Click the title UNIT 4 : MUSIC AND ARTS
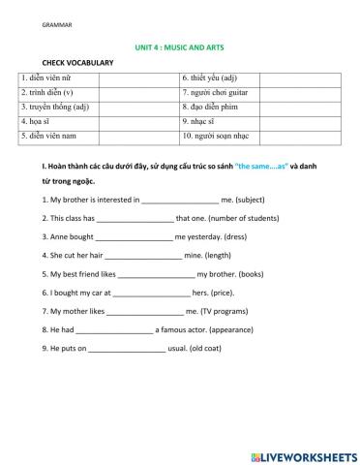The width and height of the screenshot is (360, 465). point(180,46)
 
